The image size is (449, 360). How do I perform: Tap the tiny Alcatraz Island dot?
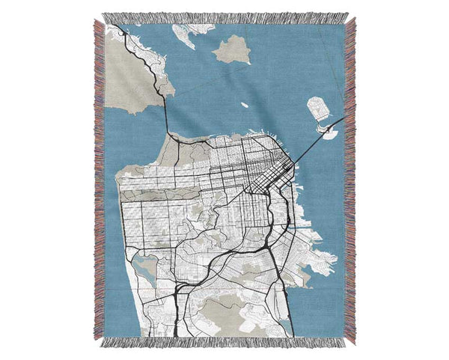pyautogui.click(x=244, y=104)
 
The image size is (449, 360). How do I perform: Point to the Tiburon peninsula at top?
pyautogui.click(x=183, y=34)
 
